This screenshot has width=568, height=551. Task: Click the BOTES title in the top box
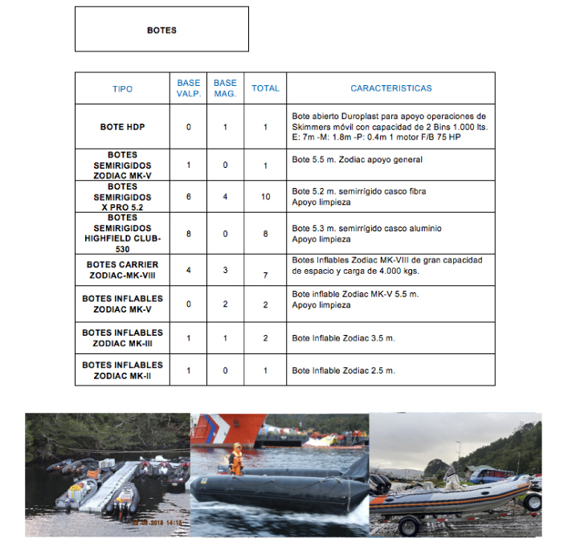pos(161,31)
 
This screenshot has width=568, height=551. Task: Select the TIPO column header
pos(122,89)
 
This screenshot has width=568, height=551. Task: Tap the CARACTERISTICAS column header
pos(390,88)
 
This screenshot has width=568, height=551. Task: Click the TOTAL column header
pos(265,88)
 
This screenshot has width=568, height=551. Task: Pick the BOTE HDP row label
pos(122,127)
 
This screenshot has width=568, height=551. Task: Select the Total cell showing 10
pos(265,197)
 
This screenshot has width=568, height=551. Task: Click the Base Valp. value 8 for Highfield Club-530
pos(189,234)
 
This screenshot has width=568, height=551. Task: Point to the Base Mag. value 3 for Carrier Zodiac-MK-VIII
pos(226,269)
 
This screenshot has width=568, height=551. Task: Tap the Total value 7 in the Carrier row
pos(265,276)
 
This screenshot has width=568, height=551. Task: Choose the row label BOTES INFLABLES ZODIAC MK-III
pos(122,338)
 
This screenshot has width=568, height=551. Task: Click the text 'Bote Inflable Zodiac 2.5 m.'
pos(343,371)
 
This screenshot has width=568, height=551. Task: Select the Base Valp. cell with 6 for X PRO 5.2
pos(189,197)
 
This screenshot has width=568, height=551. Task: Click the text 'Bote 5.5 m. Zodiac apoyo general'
pos(357,160)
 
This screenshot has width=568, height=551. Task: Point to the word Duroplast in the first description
pos(362,116)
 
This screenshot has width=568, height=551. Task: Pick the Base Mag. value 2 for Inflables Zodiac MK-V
pos(226,305)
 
